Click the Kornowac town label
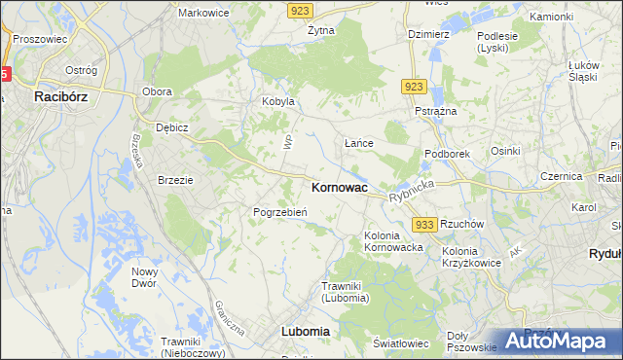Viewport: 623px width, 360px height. click(x=339, y=187)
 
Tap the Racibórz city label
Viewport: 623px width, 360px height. click(x=62, y=96)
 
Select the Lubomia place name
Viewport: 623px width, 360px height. click(x=305, y=331)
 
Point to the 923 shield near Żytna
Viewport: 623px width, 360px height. click(x=299, y=9)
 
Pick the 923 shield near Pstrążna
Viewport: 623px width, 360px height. click(x=413, y=87)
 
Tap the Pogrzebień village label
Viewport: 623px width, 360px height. click(x=280, y=212)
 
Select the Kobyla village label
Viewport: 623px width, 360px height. click(x=277, y=101)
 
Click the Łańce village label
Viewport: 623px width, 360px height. click(x=359, y=143)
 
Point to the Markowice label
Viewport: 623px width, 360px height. click(x=202, y=13)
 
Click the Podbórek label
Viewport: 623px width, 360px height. click(x=448, y=154)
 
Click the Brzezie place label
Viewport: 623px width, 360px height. click(x=176, y=180)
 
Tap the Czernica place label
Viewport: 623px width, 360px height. click(x=562, y=176)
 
